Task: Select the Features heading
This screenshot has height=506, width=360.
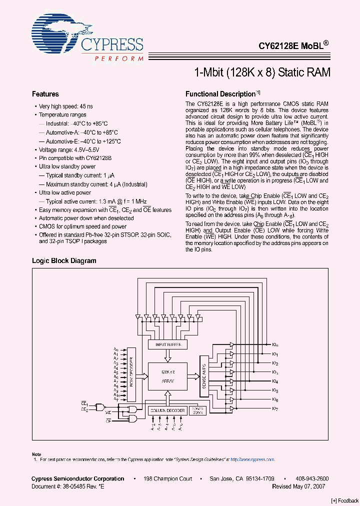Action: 45,94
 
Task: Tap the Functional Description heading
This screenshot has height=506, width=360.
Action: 220,94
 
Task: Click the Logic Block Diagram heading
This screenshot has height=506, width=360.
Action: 64,260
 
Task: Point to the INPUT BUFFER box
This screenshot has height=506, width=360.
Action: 168,344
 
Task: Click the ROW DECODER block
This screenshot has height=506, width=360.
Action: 131,373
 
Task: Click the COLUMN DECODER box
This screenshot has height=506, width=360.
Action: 167,410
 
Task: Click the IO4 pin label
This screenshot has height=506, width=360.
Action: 275,381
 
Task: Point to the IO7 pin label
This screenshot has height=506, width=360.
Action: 275,408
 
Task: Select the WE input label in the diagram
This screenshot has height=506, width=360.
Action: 108,412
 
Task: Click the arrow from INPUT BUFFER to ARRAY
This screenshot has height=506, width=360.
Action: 168,356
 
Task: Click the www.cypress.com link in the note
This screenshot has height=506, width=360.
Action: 257,459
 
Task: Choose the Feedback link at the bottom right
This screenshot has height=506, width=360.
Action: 345,500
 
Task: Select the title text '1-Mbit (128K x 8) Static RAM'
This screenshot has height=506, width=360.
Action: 262,72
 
